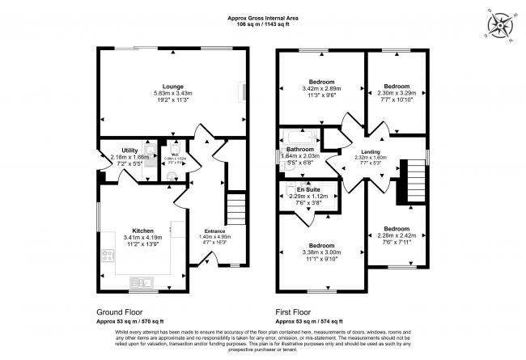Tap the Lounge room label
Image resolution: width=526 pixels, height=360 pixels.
(x=172, y=86)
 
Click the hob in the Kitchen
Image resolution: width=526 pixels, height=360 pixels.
(x=107, y=256)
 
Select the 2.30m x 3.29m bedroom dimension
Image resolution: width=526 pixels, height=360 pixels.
(x=397, y=93)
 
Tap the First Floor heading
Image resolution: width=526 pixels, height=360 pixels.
(x=298, y=310)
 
